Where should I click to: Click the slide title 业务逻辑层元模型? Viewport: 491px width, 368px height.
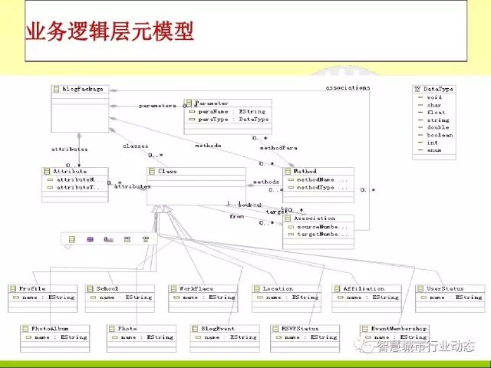click(110, 33)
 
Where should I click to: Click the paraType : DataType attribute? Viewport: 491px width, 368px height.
click(233, 120)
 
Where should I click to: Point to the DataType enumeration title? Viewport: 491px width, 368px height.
click(438, 89)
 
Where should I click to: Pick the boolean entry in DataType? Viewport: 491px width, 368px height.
click(440, 135)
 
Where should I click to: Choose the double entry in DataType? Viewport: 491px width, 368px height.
click(438, 127)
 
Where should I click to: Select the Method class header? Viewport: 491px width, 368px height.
click(306, 172)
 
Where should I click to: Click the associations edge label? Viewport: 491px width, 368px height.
click(348, 87)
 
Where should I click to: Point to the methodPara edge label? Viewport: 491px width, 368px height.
click(278, 146)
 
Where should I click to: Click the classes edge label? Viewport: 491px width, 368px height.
click(135, 146)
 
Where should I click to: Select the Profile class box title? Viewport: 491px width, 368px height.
click(32, 289)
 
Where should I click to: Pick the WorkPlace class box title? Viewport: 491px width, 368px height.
click(196, 289)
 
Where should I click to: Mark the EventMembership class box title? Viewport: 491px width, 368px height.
click(398, 328)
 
